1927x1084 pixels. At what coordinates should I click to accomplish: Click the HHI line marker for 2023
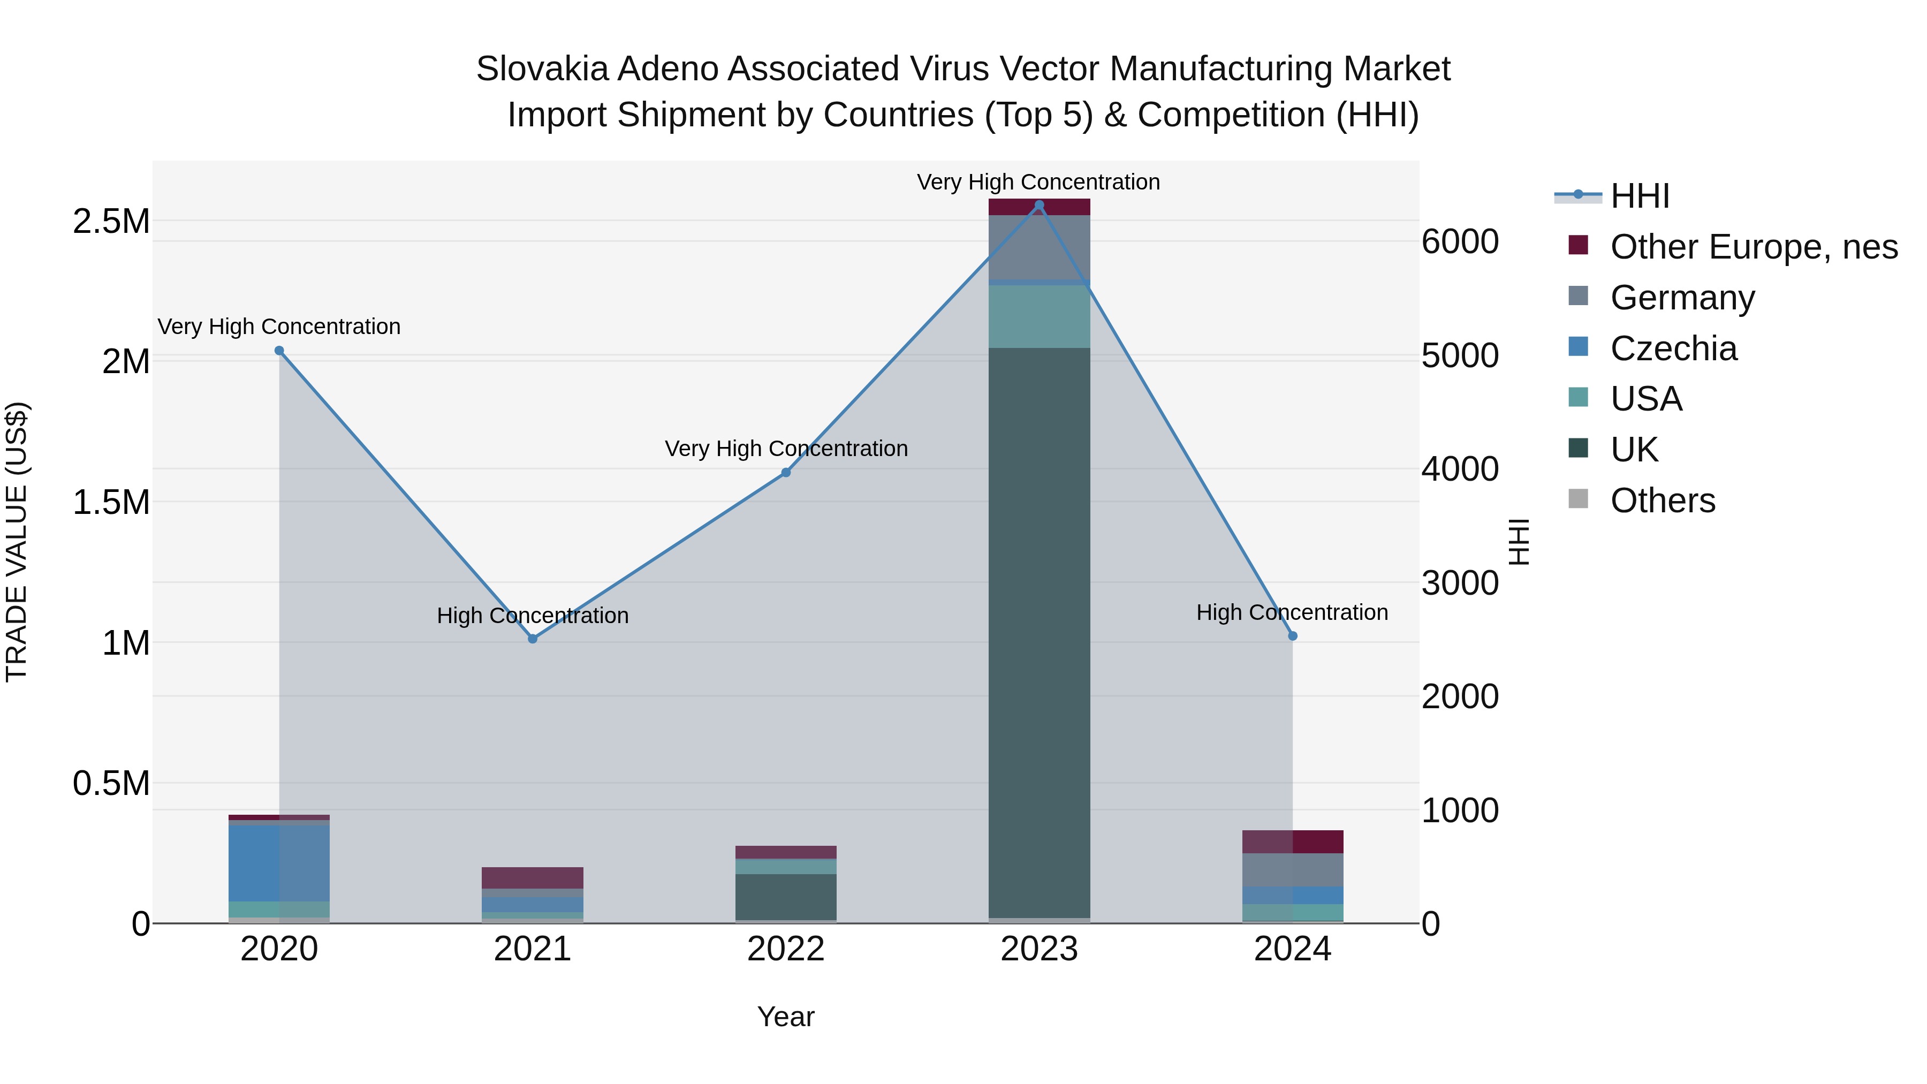point(1038,205)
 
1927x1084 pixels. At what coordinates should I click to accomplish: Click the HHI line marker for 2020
point(279,350)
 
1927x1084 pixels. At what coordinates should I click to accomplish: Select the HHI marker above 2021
point(533,639)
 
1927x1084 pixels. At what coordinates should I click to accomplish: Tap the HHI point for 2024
point(1293,636)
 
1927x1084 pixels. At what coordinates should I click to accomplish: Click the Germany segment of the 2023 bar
point(1039,247)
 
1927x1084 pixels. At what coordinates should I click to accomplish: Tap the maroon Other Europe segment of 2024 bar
point(1293,842)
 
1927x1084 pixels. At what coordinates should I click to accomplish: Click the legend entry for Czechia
point(1673,348)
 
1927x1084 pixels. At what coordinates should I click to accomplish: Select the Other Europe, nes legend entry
point(1754,247)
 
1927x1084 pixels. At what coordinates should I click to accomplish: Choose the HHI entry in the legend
point(1640,196)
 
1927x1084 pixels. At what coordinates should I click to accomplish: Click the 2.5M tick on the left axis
point(111,222)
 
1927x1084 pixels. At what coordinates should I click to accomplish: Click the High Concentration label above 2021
point(533,616)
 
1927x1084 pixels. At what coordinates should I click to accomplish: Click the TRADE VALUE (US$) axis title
point(17,542)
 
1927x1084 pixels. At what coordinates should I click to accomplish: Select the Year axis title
point(785,1017)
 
